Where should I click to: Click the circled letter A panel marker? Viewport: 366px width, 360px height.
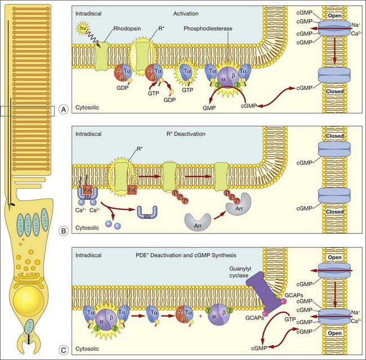(64, 110)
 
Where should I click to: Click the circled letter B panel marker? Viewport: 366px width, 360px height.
(64, 229)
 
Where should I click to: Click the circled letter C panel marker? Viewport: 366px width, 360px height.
(64, 348)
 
